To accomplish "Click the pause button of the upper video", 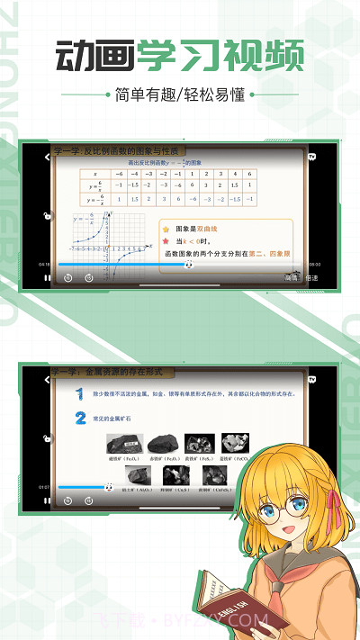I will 47,278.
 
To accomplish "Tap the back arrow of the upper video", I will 47,156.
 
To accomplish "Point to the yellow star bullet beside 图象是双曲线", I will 166,230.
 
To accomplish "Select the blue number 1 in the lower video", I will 80,395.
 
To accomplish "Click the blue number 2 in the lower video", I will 80,418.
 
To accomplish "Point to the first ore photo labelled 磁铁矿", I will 121,443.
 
